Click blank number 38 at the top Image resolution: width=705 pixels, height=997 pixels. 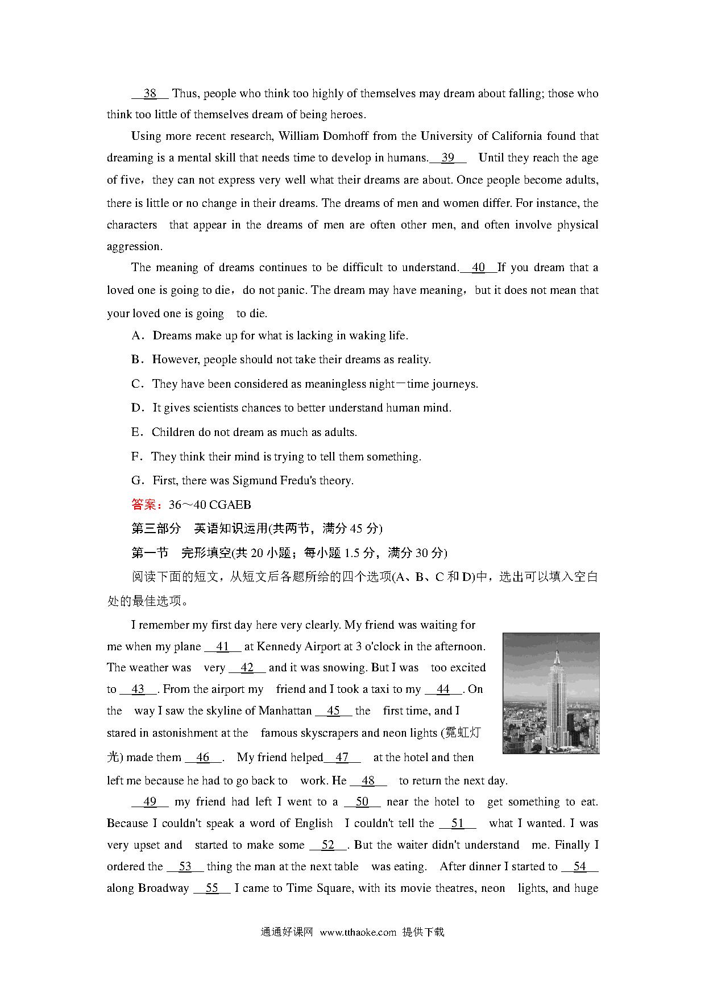150,93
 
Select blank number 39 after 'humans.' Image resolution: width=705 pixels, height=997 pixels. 448,158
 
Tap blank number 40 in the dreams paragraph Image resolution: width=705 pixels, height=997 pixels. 478,268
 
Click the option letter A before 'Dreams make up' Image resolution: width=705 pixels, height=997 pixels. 136,336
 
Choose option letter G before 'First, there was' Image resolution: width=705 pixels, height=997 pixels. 136,481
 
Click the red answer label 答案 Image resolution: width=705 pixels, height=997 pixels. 143,505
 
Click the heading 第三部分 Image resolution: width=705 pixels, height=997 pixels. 156,529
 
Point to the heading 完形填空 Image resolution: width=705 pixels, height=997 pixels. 206,553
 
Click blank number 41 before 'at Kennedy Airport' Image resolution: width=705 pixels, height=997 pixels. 222,647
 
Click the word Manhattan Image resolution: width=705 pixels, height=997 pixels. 285,711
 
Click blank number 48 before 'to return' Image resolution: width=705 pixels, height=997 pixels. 368,781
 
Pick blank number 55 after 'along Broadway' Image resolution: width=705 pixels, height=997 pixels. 212,888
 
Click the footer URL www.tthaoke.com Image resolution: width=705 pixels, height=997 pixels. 358,932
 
